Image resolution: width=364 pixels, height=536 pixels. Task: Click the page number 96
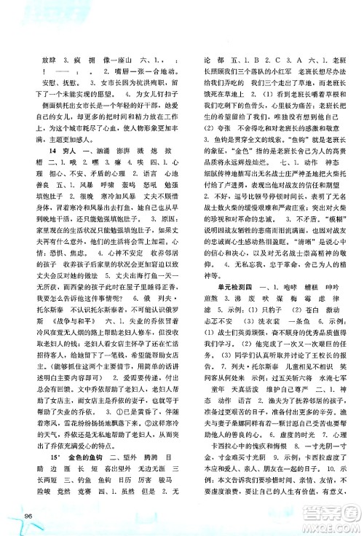click(x=29, y=517)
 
